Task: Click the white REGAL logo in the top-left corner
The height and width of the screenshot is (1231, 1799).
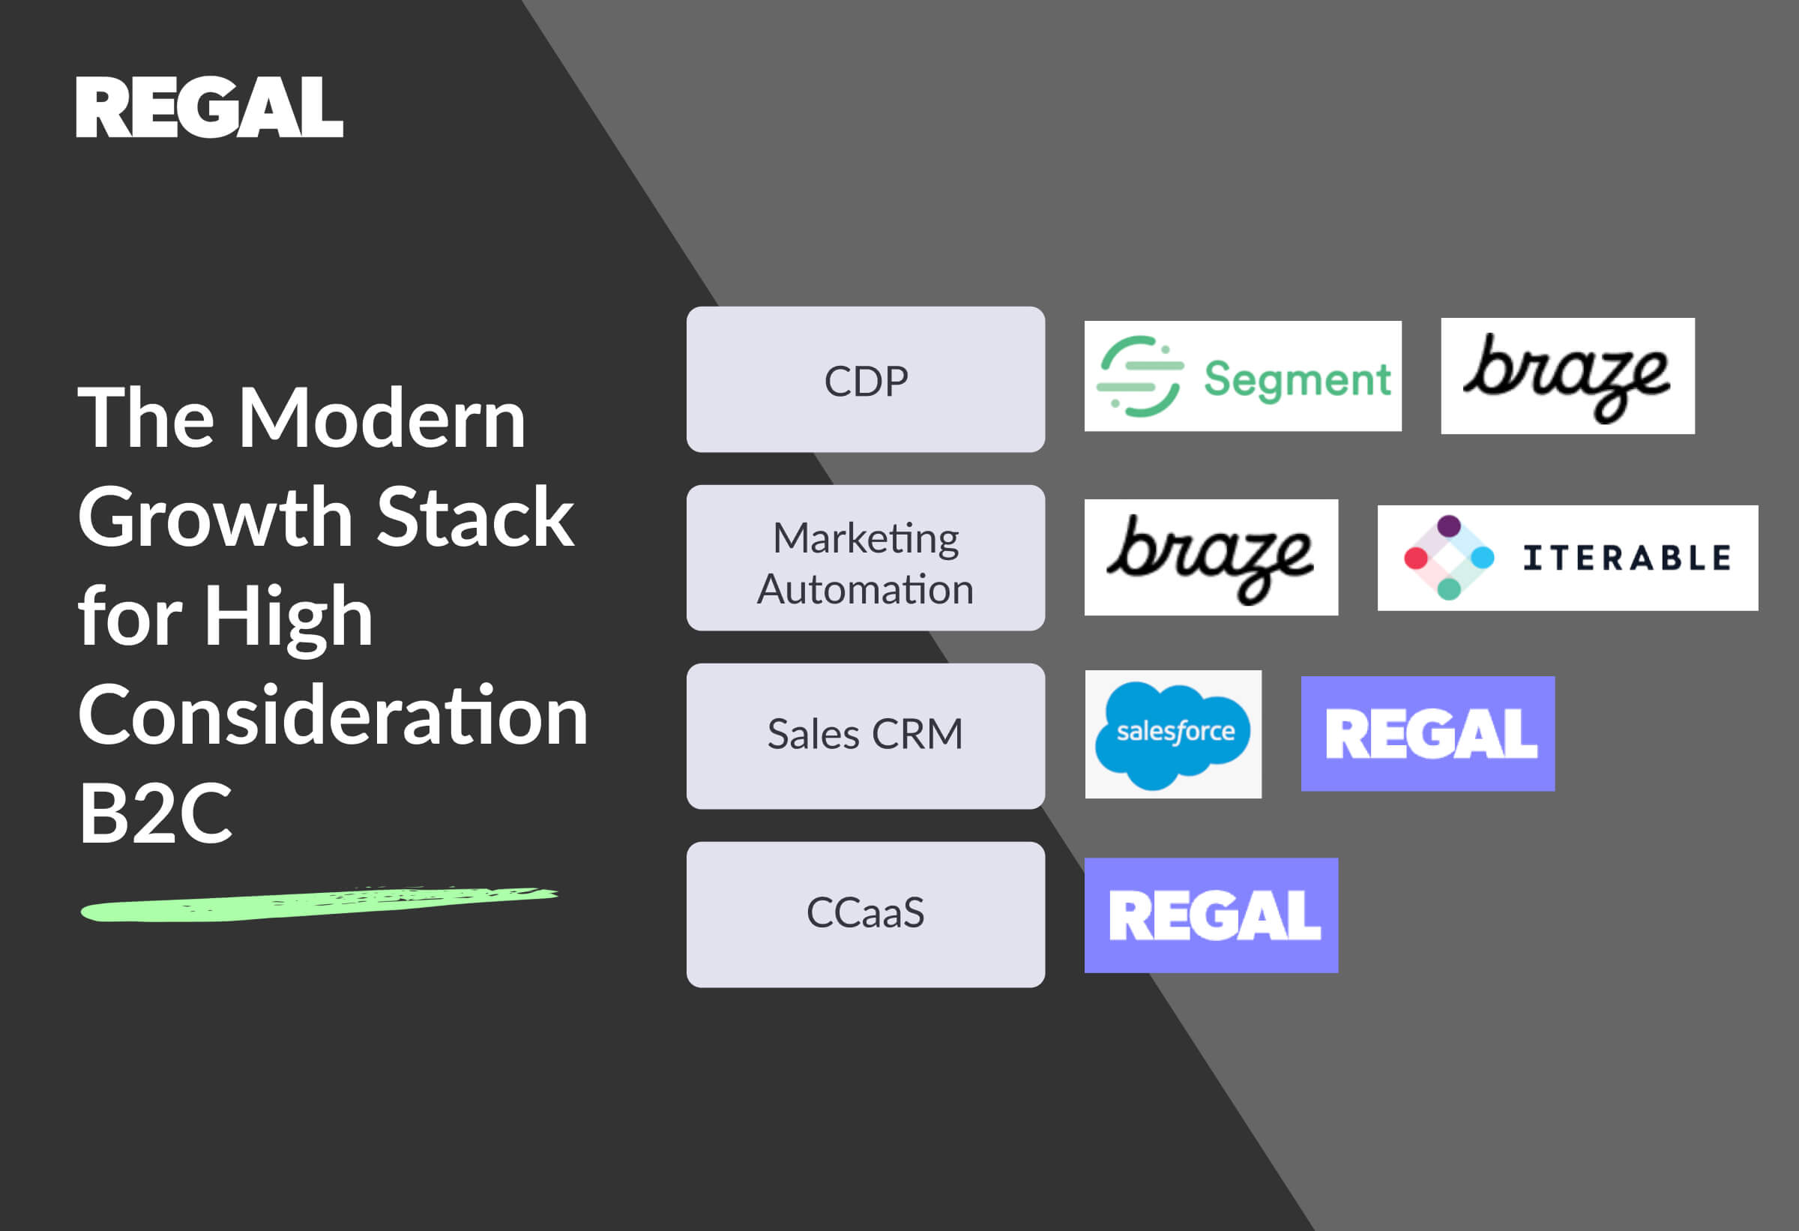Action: point(209,107)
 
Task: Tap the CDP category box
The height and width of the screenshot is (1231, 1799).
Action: point(866,379)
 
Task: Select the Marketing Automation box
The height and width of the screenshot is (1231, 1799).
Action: point(866,558)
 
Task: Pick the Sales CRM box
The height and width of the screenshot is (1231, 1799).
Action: point(866,736)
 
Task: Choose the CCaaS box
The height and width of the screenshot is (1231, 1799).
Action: point(866,915)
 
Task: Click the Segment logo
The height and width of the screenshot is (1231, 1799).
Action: point(1242,376)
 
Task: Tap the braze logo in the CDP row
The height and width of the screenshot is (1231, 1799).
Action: point(1567,376)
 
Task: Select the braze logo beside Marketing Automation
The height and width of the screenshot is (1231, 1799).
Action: point(1211,558)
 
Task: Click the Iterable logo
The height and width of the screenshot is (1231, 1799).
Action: point(1567,558)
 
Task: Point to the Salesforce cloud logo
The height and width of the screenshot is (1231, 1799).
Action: point(1173,734)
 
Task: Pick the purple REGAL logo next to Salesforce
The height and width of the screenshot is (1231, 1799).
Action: point(1427,734)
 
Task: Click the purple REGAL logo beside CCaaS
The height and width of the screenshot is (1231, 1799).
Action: point(1211,915)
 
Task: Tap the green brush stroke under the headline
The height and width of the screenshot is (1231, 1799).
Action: point(319,904)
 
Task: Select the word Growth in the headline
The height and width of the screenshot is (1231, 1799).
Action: point(215,517)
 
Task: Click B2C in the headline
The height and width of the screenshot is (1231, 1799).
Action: point(155,813)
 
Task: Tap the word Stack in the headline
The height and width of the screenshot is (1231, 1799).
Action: point(475,517)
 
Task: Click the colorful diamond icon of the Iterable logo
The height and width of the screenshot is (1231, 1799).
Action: point(1448,558)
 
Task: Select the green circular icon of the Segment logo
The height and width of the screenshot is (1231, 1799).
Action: point(1140,376)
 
